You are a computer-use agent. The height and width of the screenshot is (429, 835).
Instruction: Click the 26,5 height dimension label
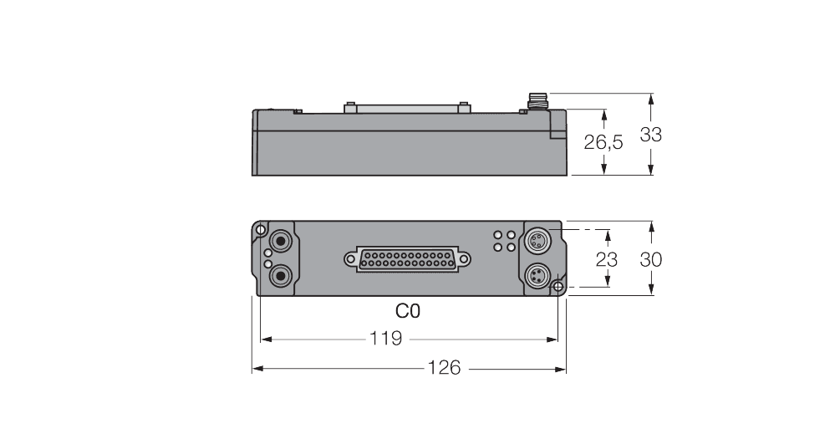coord(603,143)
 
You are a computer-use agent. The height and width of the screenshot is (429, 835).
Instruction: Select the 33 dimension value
coord(650,135)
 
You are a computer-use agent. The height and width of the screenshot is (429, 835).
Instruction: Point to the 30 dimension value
coord(650,259)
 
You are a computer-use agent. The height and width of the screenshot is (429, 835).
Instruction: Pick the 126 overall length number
coord(444,368)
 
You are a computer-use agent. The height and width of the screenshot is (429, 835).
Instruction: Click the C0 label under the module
coord(408,311)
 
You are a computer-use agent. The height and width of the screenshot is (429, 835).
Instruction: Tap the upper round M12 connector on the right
coord(537,243)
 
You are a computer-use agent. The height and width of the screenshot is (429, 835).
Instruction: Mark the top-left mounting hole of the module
coord(261,230)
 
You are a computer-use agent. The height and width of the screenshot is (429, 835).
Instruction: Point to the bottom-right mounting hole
coord(558,287)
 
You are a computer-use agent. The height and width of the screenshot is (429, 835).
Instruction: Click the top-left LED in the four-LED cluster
coord(498,236)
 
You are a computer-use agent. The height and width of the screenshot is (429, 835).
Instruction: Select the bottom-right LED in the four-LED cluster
coord(509,248)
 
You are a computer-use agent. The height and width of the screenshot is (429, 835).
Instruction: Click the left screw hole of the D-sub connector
coord(348,258)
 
